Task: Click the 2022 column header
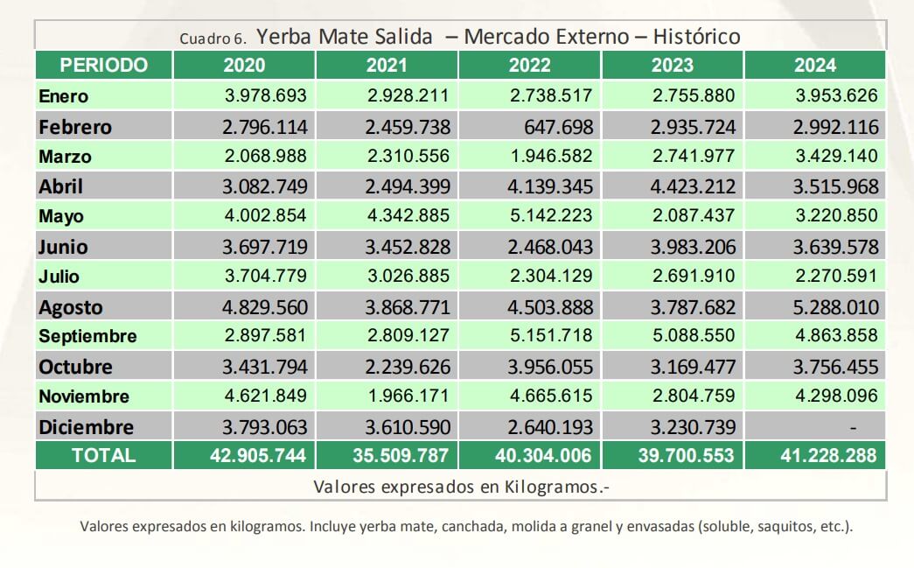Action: tap(530, 65)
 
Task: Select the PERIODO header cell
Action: tap(104, 65)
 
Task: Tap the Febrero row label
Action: tap(75, 127)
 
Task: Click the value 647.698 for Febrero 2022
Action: tap(558, 127)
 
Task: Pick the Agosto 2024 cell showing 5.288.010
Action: tap(834, 307)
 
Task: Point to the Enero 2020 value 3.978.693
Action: tap(265, 95)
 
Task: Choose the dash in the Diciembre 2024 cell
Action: tap(854, 427)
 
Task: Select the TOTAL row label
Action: tap(104, 455)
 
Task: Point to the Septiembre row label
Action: tap(87, 336)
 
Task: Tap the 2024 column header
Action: tap(815, 65)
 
